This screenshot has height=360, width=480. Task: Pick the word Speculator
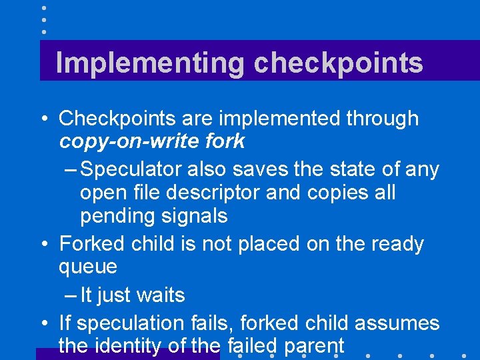click(131, 169)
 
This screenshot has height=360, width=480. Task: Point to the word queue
click(88, 267)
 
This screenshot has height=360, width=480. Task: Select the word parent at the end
click(314, 347)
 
